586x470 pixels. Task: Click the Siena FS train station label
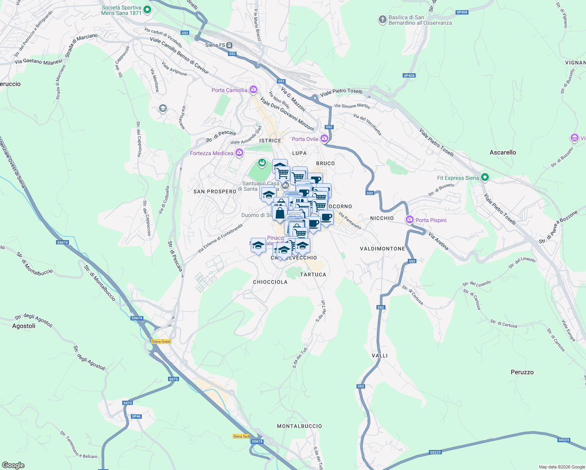(x=215, y=45)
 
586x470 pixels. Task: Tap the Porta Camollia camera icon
(x=253, y=90)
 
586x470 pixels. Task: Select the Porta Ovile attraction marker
(x=324, y=139)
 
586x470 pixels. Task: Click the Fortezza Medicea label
(x=212, y=153)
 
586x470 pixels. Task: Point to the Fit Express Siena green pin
(x=485, y=177)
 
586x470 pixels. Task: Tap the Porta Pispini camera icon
(x=410, y=220)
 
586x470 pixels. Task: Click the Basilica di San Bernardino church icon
(x=383, y=20)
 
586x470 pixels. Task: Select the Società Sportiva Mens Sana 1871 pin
(x=147, y=10)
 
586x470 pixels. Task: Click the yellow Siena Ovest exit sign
(x=161, y=342)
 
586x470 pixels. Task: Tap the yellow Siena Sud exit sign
(x=241, y=436)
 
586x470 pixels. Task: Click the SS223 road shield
(x=435, y=452)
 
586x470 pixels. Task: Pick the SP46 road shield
(x=136, y=416)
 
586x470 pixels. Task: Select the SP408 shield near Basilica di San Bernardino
(x=462, y=12)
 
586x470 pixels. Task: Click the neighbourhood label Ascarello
(x=503, y=152)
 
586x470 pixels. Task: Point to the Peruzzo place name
(x=522, y=372)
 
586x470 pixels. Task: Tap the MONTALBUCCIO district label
(x=299, y=426)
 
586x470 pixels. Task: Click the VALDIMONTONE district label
(x=382, y=249)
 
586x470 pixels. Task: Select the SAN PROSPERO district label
(x=215, y=192)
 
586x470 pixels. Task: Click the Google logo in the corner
(x=13, y=465)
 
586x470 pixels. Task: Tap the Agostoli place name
(x=24, y=326)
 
